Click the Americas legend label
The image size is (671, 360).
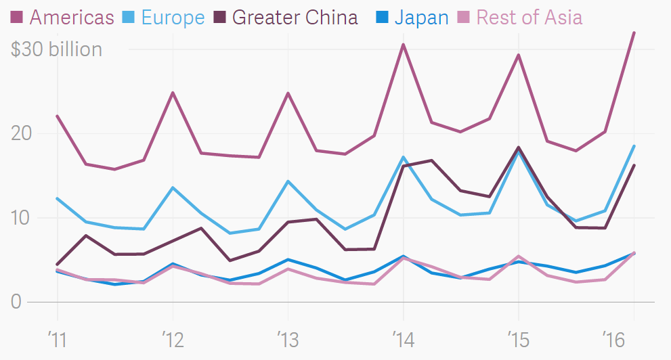pos(71,17)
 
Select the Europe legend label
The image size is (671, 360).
pos(172,17)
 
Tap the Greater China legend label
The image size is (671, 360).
pos(295,17)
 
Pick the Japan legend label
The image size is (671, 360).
pos(421,17)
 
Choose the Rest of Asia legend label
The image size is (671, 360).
pos(529,17)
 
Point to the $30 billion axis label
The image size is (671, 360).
pos(57,49)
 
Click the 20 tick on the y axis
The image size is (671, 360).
pos(23,133)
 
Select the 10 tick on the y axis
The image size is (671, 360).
pos(23,218)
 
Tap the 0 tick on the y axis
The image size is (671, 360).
pos(16,302)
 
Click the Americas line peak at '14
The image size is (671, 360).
pos(404,45)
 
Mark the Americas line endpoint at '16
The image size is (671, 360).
pos(634,32)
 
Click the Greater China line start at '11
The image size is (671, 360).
pos(57,265)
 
